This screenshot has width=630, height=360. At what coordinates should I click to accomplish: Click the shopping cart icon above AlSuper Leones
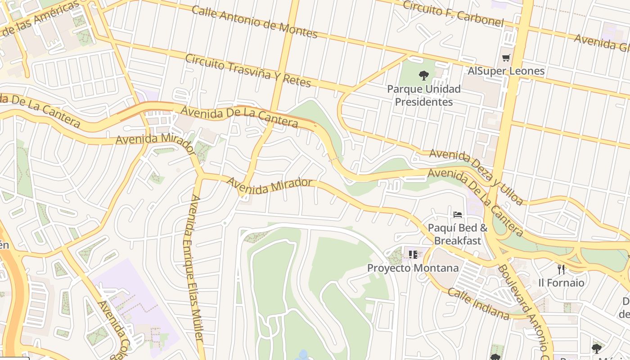pos(506,58)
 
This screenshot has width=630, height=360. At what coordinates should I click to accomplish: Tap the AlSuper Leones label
pos(506,71)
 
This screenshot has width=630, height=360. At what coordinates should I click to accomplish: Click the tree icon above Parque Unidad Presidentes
pos(423,75)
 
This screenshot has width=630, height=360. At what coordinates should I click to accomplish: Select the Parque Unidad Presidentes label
pos(424,95)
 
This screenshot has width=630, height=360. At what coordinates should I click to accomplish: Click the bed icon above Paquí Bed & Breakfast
pos(458,215)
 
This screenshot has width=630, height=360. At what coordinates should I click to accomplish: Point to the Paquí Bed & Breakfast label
pos(458,234)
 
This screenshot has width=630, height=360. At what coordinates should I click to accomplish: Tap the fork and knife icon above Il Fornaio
pos(561,270)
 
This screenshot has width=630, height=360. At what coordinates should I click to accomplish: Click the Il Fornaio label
pos(561,283)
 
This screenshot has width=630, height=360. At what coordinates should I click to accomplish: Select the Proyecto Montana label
pos(413,268)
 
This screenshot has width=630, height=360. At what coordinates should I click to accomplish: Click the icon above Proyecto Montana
pos(413,255)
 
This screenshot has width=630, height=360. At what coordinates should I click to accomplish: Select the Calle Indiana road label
pos(479,304)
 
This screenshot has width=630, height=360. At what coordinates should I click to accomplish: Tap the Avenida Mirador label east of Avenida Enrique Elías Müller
pos(270,185)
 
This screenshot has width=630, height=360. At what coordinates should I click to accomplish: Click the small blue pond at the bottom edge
pos(303,355)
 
